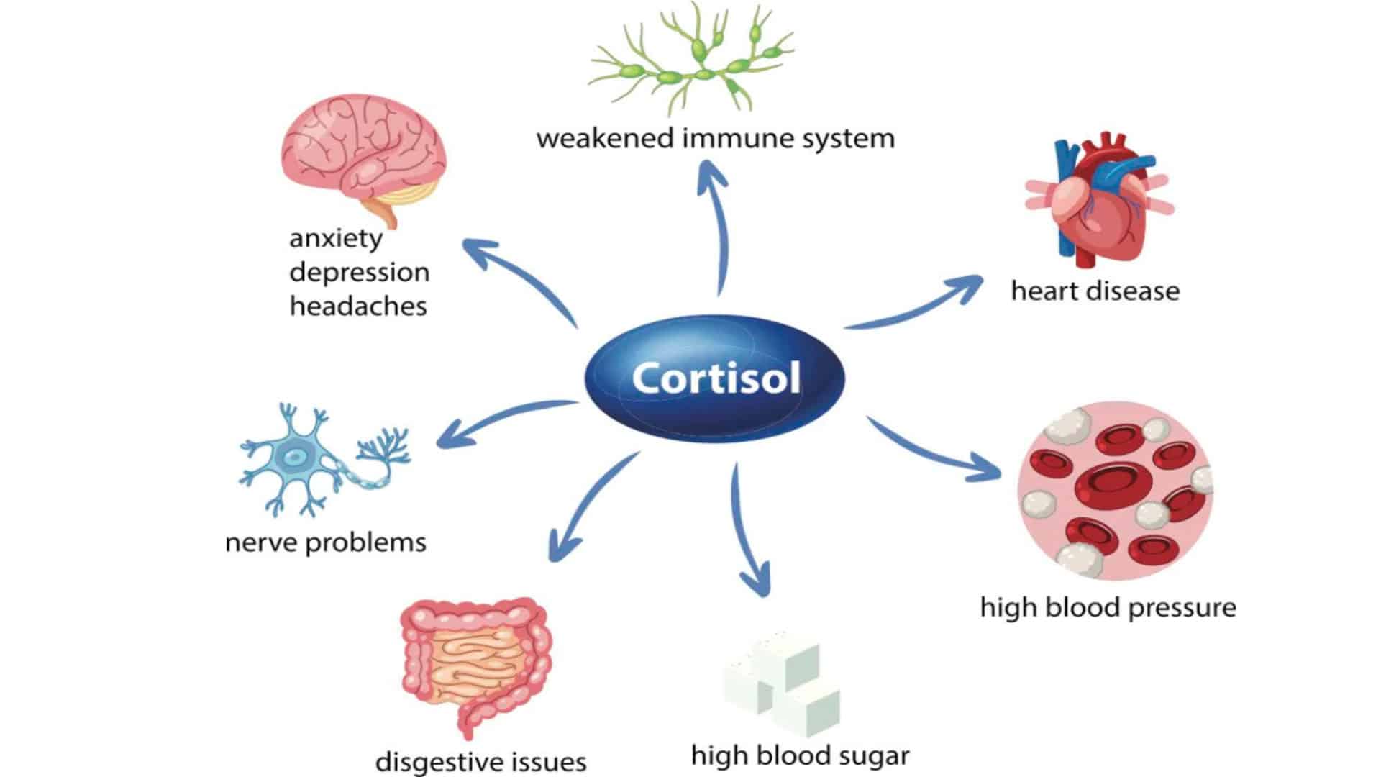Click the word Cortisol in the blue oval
716,378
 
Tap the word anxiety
335,238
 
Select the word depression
359,272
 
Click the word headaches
358,306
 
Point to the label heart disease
1095,291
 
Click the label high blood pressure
1108,607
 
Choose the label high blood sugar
800,755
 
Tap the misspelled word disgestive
432,761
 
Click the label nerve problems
326,542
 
